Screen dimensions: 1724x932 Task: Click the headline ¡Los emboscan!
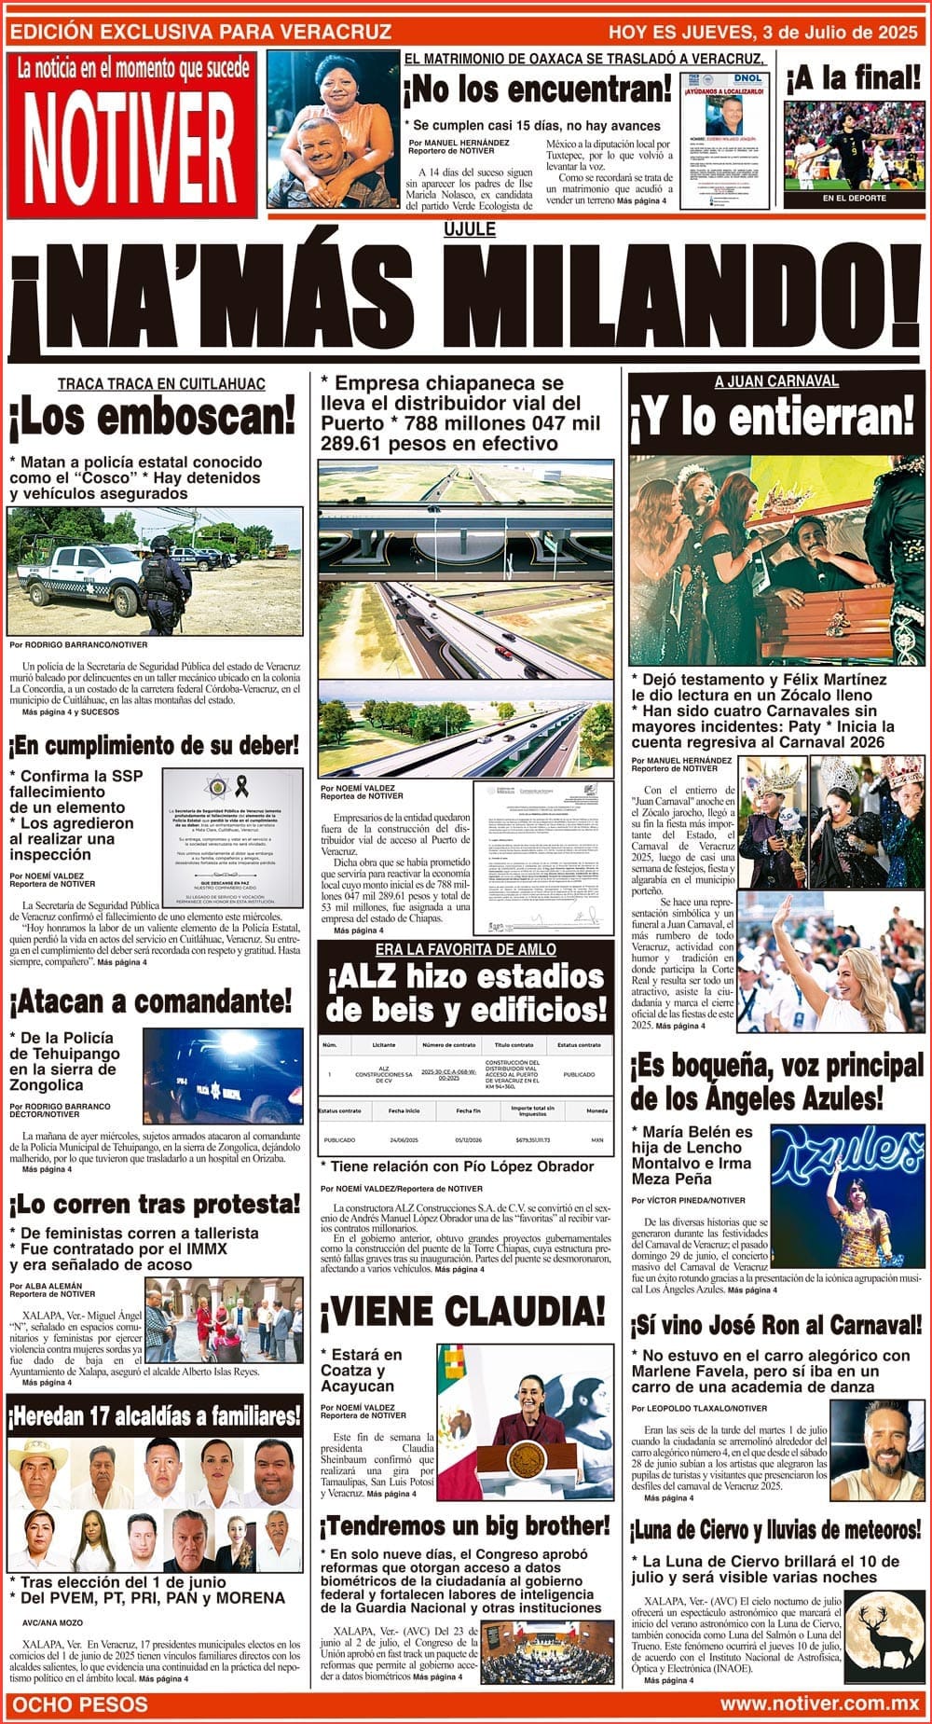coord(153,419)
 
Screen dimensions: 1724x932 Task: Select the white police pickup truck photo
coord(155,570)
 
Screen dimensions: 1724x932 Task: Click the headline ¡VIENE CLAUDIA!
coord(463,1312)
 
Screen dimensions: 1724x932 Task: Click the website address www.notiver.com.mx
coord(819,1705)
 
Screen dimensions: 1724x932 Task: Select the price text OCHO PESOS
coord(80,1705)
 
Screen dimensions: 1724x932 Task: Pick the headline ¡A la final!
coord(853,78)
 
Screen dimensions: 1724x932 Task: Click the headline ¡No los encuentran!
coord(537,90)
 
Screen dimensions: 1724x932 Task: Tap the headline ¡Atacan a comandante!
coord(151,1002)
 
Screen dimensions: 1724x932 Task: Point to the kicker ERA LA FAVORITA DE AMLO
coord(465,949)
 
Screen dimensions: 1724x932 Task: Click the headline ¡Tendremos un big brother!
coord(465,1526)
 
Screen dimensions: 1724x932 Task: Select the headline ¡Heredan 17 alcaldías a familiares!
coord(155,1416)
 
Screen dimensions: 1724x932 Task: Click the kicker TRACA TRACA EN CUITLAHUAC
coord(161,384)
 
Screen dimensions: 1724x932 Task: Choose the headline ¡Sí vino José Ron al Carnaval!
coord(775,1326)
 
